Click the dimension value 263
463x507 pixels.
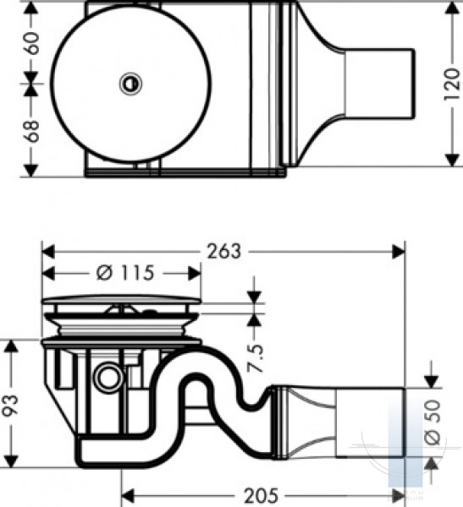(x=224, y=251)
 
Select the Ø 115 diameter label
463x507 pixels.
(x=125, y=273)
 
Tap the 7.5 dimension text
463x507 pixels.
(x=256, y=358)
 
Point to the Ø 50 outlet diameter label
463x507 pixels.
(x=433, y=422)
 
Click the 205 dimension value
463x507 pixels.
(x=261, y=495)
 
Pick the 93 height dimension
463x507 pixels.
(x=11, y=405)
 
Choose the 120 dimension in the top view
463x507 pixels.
(x=452, y=84)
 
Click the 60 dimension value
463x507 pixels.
(x=31, y=43)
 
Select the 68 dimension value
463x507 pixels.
(x=31, y=131)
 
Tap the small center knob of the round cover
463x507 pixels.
(x=131, y=84)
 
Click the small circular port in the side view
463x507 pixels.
(x=108, y=378)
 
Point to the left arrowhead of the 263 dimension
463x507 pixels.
(x=48, y=252)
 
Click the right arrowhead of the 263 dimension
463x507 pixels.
(x=398, y=252)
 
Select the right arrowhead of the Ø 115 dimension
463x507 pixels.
(x=195, y=274)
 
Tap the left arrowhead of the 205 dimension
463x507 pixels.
(x=128, y=495)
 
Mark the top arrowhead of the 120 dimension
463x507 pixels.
(x=452, y=8)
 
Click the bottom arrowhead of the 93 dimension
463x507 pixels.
(x=11, y=461)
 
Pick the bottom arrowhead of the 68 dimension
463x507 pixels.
(x=31, y=171)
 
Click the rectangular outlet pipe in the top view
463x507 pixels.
(x=380, y=84)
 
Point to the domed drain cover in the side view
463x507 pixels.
(x=122, y=300)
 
